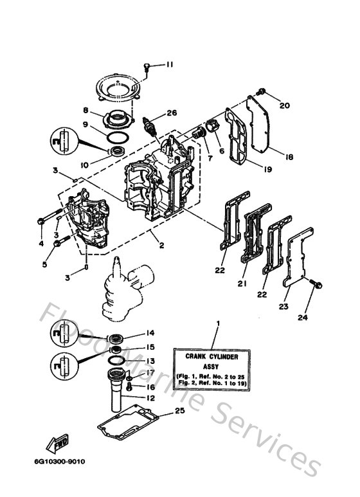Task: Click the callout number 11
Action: (x=170, y=64)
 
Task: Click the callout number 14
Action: (x=150, y=333)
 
